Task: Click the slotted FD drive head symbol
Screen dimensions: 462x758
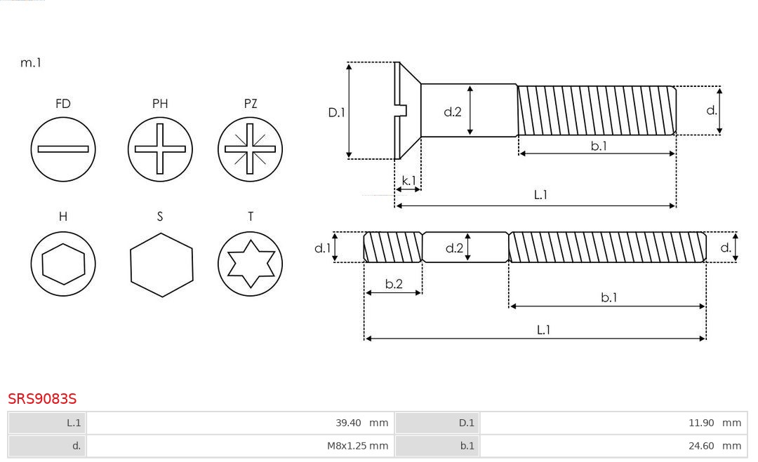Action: [63, 149]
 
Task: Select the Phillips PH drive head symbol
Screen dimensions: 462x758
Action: [160, 149]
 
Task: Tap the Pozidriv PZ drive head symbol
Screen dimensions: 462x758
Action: [251, 149]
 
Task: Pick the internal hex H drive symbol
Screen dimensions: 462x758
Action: [63, 264]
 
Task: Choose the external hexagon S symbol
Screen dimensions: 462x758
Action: [161, 264]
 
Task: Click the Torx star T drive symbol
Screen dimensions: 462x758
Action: [251, 264]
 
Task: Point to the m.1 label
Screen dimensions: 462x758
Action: [31, 62]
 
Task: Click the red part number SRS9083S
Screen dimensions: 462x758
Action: [42, 399]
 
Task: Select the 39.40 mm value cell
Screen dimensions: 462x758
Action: [239, 423]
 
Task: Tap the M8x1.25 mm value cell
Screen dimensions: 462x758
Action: [239, 446]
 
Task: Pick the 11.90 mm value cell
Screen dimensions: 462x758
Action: [611, 423]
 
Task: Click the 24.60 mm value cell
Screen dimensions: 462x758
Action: [611, 446]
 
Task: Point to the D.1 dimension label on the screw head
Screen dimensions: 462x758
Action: [337, 111]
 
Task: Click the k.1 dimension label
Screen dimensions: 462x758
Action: [408, 181]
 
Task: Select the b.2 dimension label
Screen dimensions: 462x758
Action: [394, 284]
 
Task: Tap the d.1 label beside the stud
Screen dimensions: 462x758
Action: [322, 247]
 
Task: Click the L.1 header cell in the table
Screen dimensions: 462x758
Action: [47, 423]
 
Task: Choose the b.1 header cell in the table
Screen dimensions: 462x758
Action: [437, 446]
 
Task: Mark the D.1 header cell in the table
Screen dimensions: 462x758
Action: [437, 423]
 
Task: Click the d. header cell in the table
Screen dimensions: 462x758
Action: [47, 446]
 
